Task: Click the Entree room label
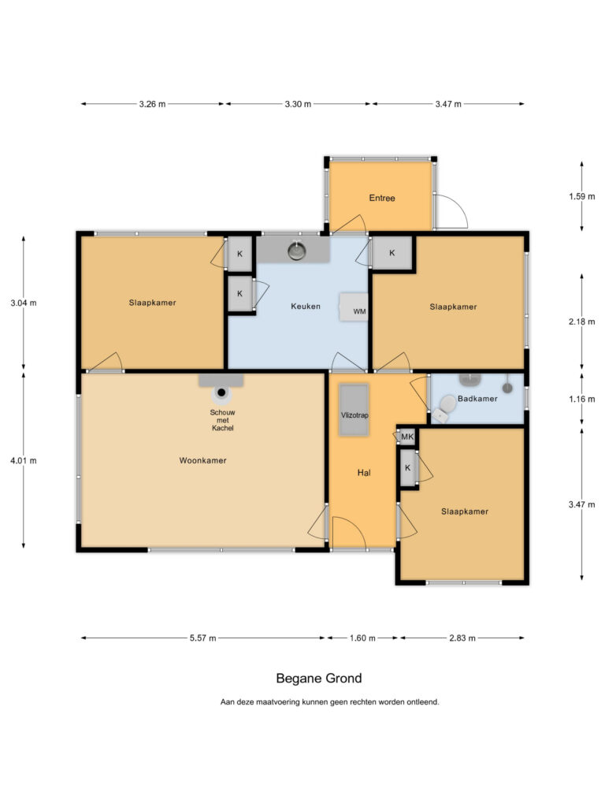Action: click(382, 198)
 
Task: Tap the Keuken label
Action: click(306, 307)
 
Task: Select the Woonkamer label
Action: click(202, 460)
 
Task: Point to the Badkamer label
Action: click(477, 398)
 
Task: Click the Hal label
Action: click(364, 473)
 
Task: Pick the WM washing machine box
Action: click(354, 307)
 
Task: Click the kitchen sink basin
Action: click(297, 251)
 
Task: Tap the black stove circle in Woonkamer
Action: click(221, 392)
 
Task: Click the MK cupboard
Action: click(407, 437)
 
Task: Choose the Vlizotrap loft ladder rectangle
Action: click(354, 410)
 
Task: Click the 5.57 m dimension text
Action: click(202, 638)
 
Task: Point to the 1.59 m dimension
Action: click(582, 196)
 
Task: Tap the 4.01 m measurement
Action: click(24, 460)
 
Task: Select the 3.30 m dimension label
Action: click(298, 104)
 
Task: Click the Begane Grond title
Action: click(319, 679)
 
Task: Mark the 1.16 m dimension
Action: click(582, 399)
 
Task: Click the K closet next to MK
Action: click(408, 468)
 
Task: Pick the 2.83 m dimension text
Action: click(462, 638)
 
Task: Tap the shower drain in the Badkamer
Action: click(507, 388)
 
